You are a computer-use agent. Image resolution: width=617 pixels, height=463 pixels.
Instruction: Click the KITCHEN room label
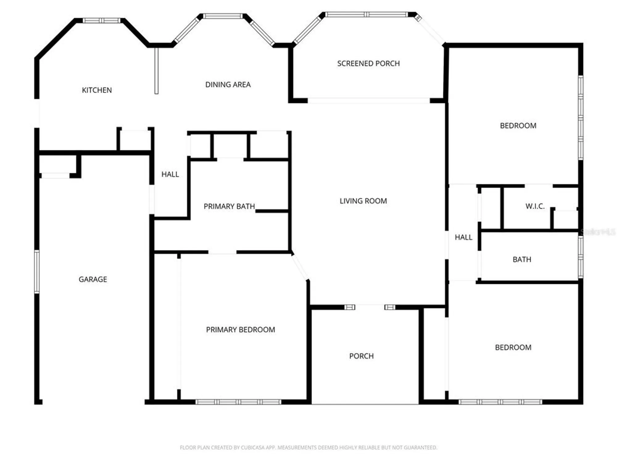pyautogui.click(x=97, y=90)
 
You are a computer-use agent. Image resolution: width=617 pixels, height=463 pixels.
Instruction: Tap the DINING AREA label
pyautogui.click(x=228, y=85)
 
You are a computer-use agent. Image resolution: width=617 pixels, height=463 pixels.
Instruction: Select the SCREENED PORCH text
pyautogui.click(x=368, y=64)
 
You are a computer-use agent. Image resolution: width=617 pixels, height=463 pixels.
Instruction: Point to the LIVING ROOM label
pyautogui.click(x=363, y=201)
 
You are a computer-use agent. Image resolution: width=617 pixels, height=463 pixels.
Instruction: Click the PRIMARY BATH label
pyautogui.click(x=229, y=206)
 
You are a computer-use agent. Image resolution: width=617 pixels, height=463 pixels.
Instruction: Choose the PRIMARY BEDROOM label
pyautogui.click(x=240, y=330)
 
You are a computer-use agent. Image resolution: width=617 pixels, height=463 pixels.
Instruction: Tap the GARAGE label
pyautogui.click(x=93, y=279)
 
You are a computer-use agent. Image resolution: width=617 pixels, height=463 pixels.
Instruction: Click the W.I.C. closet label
pyautogui.click(x=535, y=206)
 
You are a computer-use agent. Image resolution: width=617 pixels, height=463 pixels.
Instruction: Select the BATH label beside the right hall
pyautogui.click(x=522, y=260)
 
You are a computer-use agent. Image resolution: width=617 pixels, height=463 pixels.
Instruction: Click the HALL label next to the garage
pyautogui.click(x=170, y=174)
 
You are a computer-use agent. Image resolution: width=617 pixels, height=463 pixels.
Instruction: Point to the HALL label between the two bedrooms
pyautogui.click(x=463, y=237)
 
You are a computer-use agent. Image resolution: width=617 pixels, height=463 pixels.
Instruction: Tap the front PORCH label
pyautogui.click(x=361, y=356)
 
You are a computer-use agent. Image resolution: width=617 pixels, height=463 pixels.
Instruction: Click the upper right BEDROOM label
pyautogui.click(x=518, y=126)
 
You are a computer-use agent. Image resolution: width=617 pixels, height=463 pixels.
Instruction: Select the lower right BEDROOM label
pyautogui.click(x=513, y=348)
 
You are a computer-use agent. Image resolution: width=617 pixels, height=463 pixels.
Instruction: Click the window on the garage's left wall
pyautogui.click(x=37, y=272)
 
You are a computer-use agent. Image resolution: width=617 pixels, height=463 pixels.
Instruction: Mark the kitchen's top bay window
pyautogui.click(x=102, y=21)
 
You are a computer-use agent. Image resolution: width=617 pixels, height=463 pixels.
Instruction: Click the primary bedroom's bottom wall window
pyautogui.click(x=238, y=402)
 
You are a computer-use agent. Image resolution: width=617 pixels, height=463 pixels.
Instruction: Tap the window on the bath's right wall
pyautogui.click(x=581, y=257)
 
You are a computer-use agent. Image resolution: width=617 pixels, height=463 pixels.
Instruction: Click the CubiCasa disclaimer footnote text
pyautogui.click(x=308, y=447)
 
